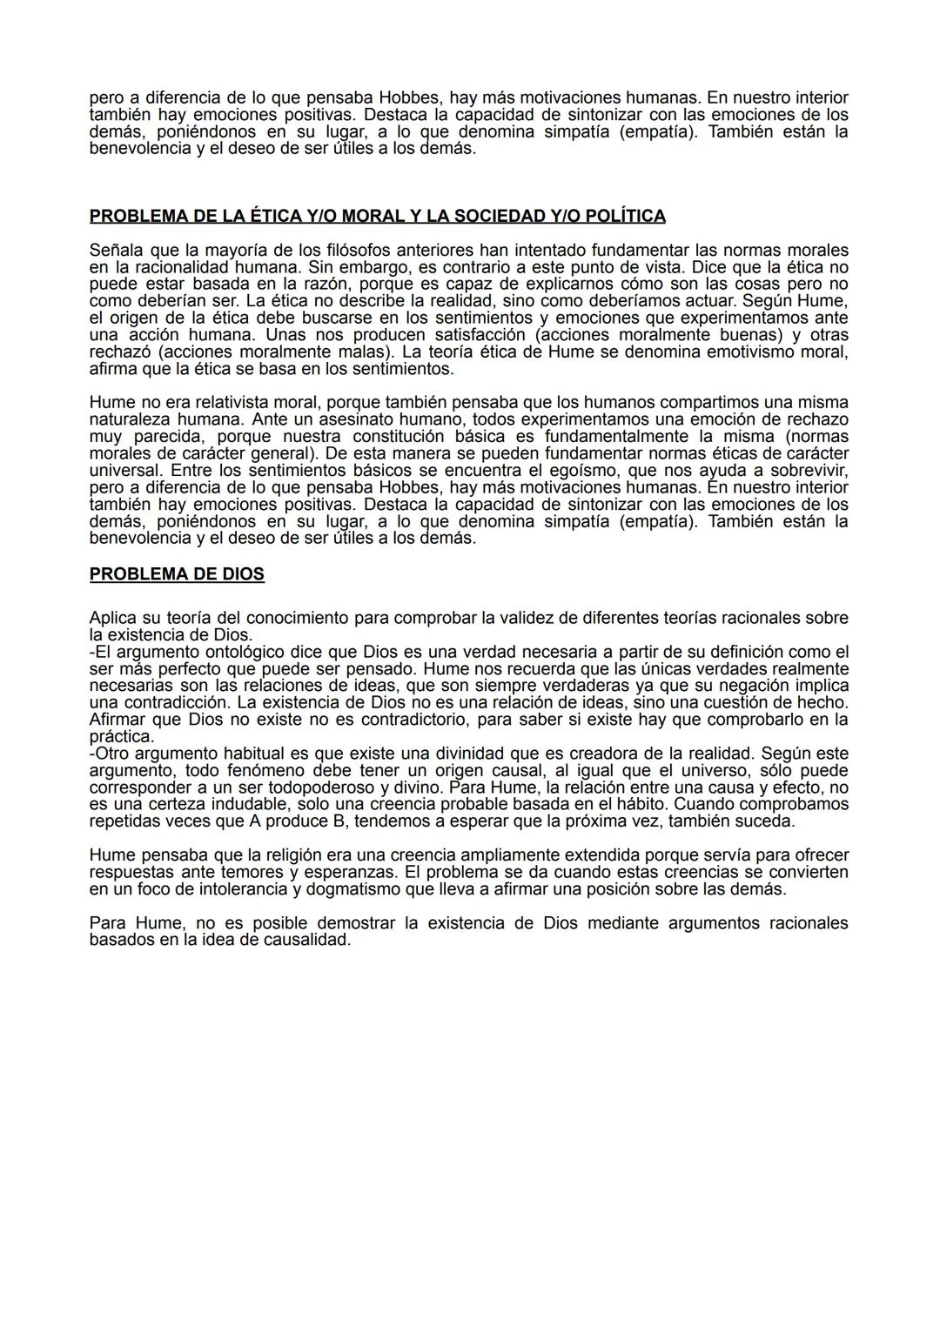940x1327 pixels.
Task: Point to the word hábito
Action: coord(643,804)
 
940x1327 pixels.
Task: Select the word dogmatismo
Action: coord(328,889)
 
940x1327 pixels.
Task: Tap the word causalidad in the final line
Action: coord(308,940)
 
